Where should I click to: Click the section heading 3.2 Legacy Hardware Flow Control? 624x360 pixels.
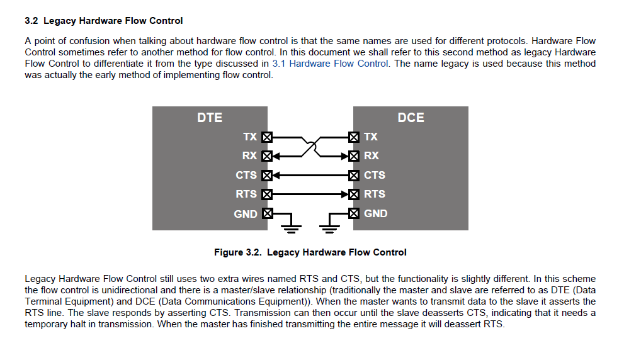[x=103, y=21]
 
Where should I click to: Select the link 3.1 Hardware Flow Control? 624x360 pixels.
[x=330, y=64]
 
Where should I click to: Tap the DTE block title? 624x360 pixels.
[x=210, y=118]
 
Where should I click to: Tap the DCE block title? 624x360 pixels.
[x=411, y=118]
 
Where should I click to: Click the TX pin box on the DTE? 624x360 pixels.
[x=267, y=137]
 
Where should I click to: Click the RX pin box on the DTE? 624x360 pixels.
[x=267, y=156]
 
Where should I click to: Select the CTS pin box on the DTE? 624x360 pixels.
[x=267, y=175]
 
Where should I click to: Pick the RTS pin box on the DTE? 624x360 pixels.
[x=267, y=194]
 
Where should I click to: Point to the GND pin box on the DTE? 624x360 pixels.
[x=267, y=213]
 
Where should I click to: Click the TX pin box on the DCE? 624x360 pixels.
[x=354, y=137]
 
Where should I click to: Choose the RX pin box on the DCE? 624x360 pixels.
[x=354, y=156]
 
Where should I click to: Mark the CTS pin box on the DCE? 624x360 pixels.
[x=354, y=175]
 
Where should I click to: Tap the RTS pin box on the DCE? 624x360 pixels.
[x=354, y=194]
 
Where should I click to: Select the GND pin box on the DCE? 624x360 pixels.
[x=354, y=213]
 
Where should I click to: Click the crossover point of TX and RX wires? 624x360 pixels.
[x=310, y=147]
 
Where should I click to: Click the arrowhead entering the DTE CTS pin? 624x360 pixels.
[x=276, y=175]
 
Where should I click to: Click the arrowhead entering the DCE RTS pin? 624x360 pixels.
[x=344, y=194]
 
